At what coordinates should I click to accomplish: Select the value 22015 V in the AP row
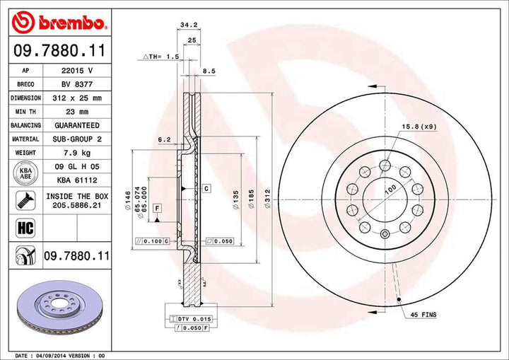tap(77, 71)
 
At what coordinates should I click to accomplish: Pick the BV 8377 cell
tap(77, 85)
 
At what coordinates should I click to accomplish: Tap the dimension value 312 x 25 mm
tap(77, 98)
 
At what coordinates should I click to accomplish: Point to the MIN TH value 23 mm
tap(77, 112)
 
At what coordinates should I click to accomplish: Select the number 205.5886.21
tap(77, 205)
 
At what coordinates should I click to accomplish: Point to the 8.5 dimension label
tap(209, 71)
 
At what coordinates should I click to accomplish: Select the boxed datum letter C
tap(206, 189)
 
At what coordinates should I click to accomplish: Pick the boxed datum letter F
tap(157, 207)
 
